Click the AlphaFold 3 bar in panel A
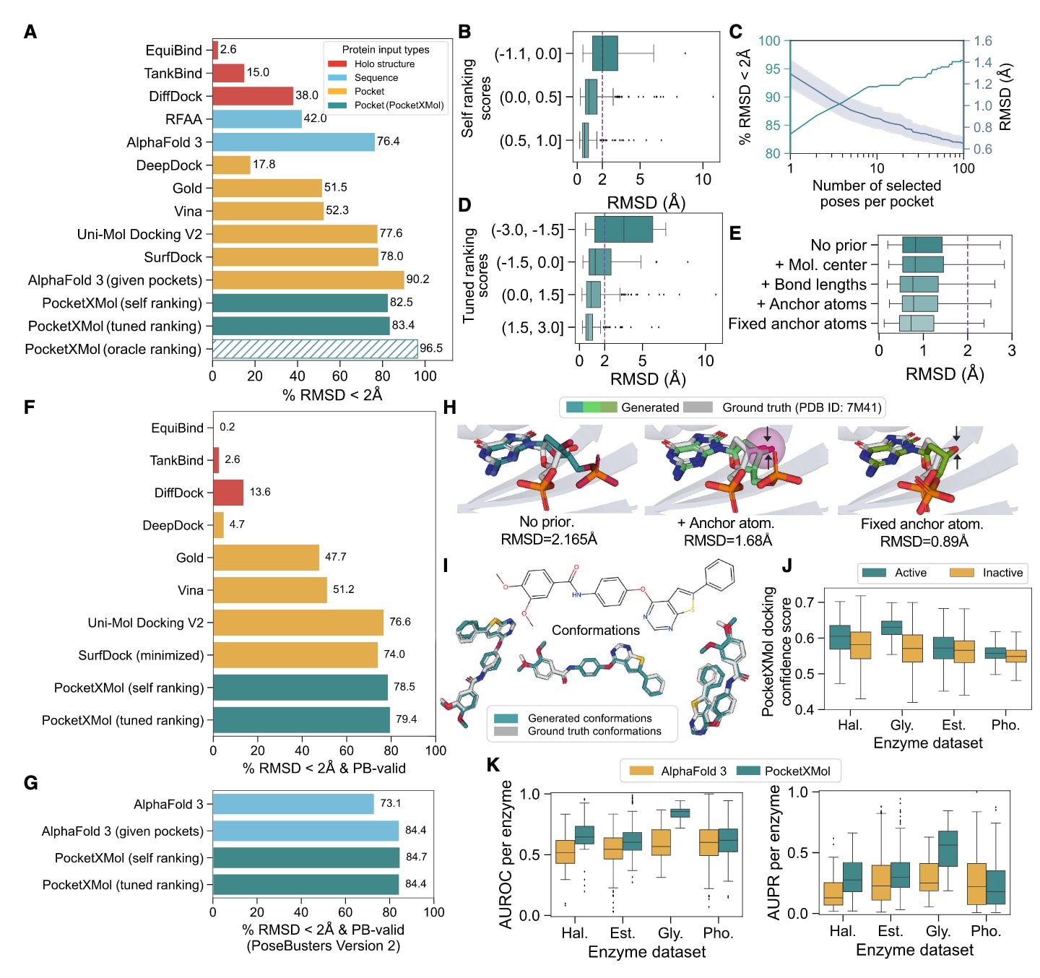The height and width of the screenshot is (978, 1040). coord(293,142)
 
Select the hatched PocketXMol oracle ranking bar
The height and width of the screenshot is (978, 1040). coord(315,349)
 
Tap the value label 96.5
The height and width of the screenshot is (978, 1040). coord(431,348)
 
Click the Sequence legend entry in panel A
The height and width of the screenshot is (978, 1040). coord(376,78)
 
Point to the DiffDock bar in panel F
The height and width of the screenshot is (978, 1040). coord(228,493)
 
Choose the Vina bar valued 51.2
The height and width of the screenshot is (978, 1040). coord(270,590)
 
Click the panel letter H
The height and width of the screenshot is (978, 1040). coord(450,408)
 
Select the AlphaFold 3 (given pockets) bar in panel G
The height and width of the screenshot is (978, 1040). coord(305,831)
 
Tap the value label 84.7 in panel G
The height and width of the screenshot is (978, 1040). coord(416,857)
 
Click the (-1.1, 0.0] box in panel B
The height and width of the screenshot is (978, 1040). coord(605,53)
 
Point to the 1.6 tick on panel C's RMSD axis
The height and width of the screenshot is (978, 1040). coord(983,41)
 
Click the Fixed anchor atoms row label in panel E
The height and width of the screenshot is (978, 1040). coord(797,324)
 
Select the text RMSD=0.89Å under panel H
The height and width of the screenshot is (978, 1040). coord(924,542)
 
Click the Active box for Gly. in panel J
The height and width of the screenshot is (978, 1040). coord(892,628)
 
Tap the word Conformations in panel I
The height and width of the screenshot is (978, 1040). coord(596,631)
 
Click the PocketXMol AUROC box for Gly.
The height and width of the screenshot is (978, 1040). coord(680,813)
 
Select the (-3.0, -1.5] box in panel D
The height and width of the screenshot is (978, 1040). coord(623,229)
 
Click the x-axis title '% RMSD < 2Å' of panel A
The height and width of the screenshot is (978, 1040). coord(332,395)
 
